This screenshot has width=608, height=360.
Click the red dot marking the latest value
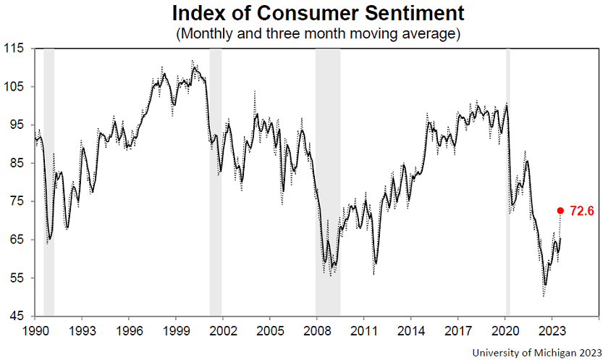point(560,211)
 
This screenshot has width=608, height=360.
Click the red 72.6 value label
point(582,212)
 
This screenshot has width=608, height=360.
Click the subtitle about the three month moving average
point(318,34)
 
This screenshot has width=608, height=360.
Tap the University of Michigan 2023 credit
point(536,352)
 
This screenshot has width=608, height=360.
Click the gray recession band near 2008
point(328,181)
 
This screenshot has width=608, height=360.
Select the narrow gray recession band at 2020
point(507,181)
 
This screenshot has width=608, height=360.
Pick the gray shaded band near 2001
point(215,181)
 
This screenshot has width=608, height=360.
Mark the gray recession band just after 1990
point(49,181)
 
